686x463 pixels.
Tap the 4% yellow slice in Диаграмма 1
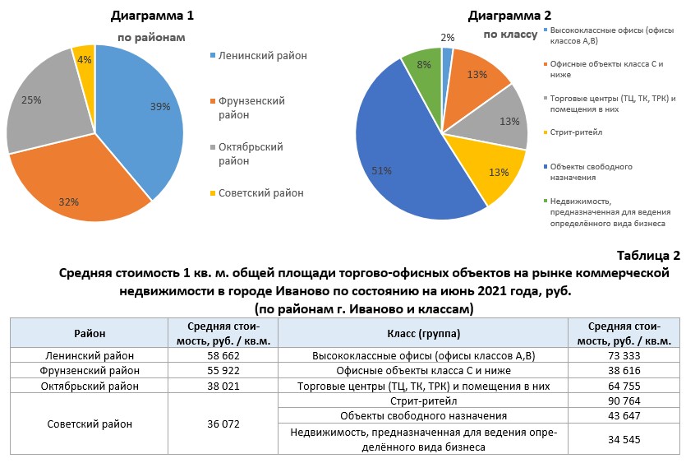coord(85,63)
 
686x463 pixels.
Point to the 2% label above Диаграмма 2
coord(448,37)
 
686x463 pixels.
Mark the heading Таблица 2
coord(647,257)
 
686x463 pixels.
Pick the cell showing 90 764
coord(628,401)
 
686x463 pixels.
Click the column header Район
coord(90,334)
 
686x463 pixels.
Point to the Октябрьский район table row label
coord(90,386)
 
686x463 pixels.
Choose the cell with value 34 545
coord(628,439)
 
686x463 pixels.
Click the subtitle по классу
coord(510,35)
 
